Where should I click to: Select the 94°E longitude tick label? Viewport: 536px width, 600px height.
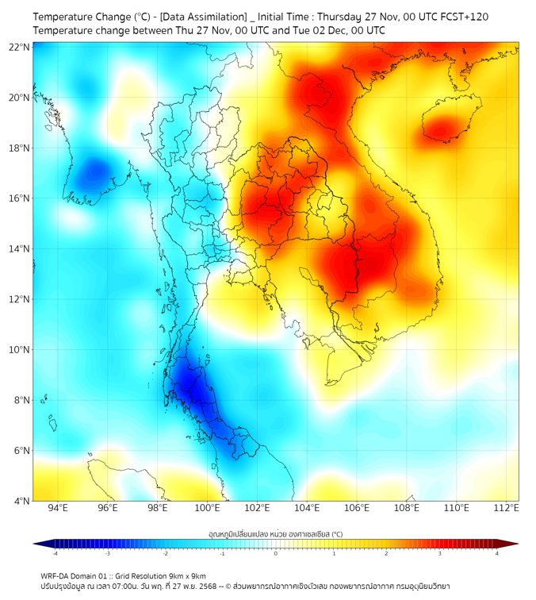(x=58, y=508)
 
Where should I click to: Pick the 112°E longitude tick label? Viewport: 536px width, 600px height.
(x=505, y=508)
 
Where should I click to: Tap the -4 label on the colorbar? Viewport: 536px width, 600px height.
(x=54, y=553)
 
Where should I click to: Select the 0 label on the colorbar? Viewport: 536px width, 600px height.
(x=275, y=553)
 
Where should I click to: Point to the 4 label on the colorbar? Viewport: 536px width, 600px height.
(x=497, y=553)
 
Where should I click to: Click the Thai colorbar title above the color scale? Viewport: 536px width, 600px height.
(x=275, y=534)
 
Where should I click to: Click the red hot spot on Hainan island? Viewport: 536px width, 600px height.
(x=443, y=126)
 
